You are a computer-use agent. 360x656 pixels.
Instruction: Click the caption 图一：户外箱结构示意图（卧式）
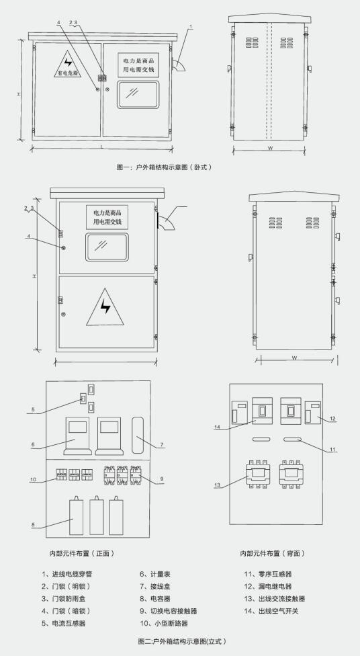coord(164,167)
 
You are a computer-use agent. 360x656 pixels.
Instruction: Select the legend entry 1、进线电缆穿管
coord(67,574)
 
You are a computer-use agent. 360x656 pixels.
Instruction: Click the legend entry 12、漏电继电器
coord(268,587)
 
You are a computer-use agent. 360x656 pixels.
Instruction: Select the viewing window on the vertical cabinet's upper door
coord(107,247)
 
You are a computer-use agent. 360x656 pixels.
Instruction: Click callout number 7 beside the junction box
coord(162,444)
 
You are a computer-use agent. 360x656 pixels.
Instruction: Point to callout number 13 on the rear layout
coord(217,485)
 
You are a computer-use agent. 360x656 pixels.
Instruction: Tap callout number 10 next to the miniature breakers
coord(33,479)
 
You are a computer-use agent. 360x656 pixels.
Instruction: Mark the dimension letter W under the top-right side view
coord(270,148)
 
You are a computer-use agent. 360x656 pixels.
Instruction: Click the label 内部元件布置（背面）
coord(273,553)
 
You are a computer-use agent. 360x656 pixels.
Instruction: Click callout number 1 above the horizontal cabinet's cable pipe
coord(191,27)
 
